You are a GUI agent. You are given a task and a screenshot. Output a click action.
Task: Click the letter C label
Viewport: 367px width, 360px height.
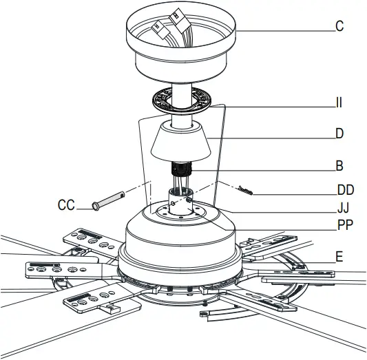tap(339, 28)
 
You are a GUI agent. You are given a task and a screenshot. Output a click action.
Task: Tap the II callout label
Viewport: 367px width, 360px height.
tap(339, 105)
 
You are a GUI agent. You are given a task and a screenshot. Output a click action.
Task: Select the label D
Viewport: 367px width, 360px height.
tap(339, 134)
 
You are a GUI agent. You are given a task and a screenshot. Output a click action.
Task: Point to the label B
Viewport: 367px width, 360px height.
tap(339, 166)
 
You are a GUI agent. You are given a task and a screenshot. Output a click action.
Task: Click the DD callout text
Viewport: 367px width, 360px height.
tap(345, 189)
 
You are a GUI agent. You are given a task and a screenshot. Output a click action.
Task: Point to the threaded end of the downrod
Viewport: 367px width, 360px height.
tap(182, 169)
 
